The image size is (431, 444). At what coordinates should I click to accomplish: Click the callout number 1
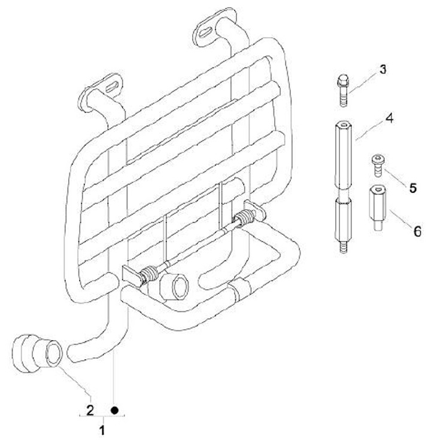pos(102,430)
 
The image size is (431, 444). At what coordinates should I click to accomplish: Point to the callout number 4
pos(388,118)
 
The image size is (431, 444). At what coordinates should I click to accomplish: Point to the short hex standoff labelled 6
pos(376,209)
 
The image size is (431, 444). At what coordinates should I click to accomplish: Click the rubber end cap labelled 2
pos(36,355)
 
